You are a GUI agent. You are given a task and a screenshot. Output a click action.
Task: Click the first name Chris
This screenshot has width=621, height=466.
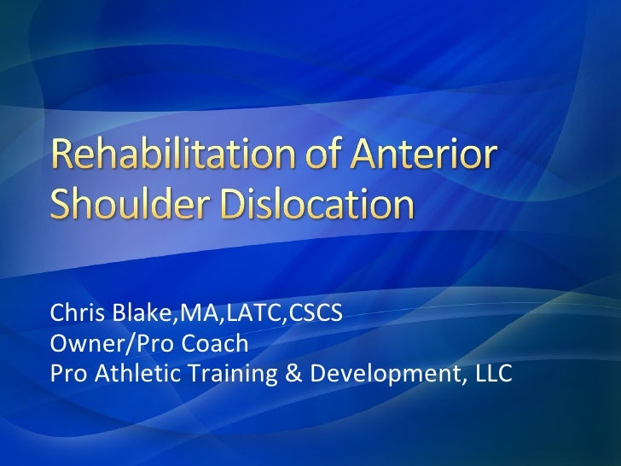(x=73, y=316)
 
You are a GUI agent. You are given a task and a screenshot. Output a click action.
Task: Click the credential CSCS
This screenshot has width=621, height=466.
(x=317, y=316)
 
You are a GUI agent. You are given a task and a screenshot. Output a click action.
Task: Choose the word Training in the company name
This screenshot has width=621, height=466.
(x=229, y=374)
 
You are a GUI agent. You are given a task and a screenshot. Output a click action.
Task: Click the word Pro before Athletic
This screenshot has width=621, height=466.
(x=67, y=374)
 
